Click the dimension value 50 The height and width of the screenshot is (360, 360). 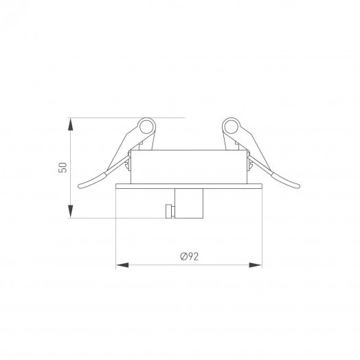click(63, 168)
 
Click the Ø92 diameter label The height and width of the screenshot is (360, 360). click(189, 256)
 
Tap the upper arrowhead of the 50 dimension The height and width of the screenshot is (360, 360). click(71, 124)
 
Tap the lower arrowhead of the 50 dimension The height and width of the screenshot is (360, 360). click(71, 211)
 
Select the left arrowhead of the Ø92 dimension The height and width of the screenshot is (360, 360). click(122, 265)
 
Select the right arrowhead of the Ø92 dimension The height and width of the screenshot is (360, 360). click(256, 265)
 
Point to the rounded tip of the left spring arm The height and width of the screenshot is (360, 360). click(80, 186)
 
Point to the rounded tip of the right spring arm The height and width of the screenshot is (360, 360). click(298, 186)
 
